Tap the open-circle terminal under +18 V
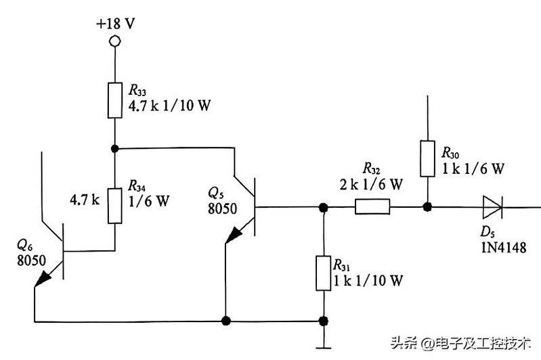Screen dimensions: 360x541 tap(115, 42)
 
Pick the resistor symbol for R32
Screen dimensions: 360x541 tap(372, 207)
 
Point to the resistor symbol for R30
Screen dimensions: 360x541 tap(427, 158)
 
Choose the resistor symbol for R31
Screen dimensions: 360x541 tap(324, 273)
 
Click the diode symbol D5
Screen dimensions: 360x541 tap(492, 207)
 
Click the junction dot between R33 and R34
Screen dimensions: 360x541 tap(115, 148)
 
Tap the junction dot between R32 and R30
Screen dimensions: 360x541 tap(427, 207)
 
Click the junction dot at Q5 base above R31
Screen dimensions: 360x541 tap(324, 207)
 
